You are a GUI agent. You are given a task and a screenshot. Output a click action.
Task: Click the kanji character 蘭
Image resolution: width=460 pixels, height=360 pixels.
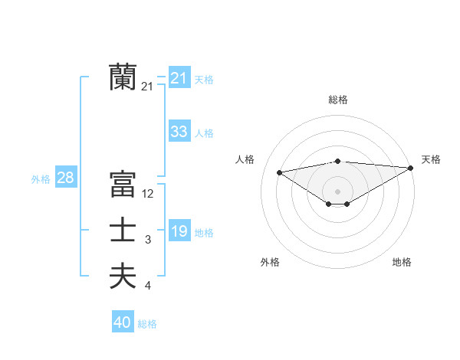123,77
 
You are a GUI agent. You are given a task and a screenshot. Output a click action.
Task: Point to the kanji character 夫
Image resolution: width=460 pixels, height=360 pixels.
123,276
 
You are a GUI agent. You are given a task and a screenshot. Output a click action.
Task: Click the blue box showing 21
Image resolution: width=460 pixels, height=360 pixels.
179,77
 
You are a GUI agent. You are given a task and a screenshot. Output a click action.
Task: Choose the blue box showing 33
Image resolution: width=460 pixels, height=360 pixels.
179,131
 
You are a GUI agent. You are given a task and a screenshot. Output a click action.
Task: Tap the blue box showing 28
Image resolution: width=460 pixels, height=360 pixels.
65,178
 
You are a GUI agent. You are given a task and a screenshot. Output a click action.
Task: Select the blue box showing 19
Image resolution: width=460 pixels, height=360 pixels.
179,231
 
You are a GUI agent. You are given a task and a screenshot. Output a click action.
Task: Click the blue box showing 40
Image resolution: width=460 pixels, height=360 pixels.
123,322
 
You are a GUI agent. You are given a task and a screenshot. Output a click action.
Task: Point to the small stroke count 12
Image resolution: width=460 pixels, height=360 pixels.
148,195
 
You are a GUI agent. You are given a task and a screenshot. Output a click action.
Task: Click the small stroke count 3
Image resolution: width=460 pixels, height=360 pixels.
148,241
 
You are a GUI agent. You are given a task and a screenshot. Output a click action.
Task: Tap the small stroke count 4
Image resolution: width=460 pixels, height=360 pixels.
148,286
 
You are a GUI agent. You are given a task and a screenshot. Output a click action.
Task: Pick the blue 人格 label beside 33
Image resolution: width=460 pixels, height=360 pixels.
204,133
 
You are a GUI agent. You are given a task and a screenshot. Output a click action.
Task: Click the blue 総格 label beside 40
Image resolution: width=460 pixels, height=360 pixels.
147,324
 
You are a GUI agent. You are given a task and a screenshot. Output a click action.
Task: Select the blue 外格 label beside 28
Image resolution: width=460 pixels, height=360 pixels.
41,179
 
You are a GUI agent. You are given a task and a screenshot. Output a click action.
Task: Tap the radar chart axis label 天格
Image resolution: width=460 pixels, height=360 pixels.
431,159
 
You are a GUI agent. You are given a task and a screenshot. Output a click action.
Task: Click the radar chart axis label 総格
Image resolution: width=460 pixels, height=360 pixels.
338,100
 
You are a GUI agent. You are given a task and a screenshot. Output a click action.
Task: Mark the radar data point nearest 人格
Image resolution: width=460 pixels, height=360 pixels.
279,172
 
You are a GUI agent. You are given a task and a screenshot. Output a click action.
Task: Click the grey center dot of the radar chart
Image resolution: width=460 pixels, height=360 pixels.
337,191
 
